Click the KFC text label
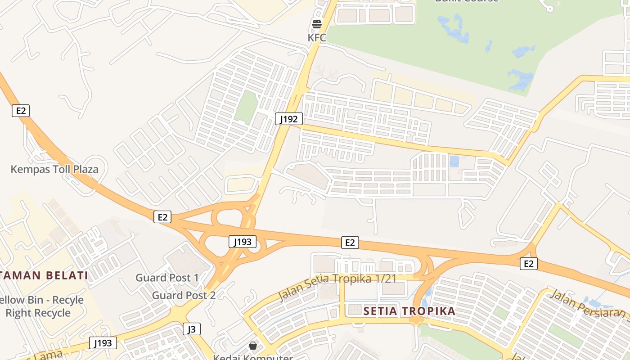tap(317, 37)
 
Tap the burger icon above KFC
tap(317, 24)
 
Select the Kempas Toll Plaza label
tap(54, 169)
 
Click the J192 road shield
tap(288, 119)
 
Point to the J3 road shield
tap(192, 329)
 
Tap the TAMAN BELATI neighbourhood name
tap(44, 275)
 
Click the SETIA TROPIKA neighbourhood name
tap(409, 311)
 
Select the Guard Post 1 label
tap(167, 278)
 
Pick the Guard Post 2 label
tap(184, 295)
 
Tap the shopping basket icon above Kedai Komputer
tap(253, 346)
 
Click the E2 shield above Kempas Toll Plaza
tap(21, 111)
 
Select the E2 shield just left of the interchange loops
tap(162, 217)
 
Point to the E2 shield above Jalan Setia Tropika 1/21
tap(350, 243)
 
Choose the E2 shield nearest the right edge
tap(529, 264)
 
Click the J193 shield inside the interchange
tap(243, 242)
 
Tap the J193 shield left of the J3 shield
tap(103, 343)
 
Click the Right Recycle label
tap(38, 313)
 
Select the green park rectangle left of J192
tap(246, 107)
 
